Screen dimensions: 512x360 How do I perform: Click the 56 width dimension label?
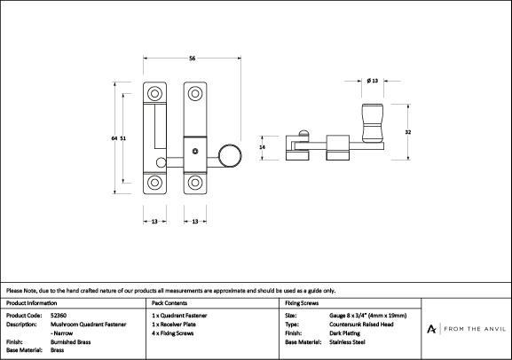tap(192, 59)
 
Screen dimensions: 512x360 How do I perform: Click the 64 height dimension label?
tap(114, 138)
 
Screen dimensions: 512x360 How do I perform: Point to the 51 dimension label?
tap(122, 138)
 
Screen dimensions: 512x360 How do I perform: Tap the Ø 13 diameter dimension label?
tap(373, 81)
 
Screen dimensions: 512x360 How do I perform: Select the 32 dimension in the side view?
tap(408, 132)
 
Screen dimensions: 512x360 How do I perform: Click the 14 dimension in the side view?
tap(262, 147)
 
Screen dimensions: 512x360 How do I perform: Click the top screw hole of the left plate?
tap(154, 94)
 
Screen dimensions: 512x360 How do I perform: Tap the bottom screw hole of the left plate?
tap(154, 183)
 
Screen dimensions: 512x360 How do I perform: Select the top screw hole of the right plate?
tap(195, 94)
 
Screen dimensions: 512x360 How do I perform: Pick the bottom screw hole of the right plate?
tap(195, 183)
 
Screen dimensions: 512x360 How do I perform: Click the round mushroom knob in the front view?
tap(230, 155)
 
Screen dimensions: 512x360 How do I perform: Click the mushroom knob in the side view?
tap(373, 123)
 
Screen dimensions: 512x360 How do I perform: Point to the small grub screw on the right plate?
tap(195, 151)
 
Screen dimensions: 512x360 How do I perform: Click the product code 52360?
tap(59, 316)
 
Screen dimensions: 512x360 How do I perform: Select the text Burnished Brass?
tap(70, 342)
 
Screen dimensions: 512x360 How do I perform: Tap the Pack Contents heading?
tap(169, 303)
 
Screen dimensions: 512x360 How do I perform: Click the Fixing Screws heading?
tap(302, 303)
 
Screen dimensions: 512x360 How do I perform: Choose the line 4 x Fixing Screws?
tap(173, 333)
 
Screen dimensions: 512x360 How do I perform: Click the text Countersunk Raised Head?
tap(361, 325)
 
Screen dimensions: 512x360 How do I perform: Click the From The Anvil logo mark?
tap(431, 329)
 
